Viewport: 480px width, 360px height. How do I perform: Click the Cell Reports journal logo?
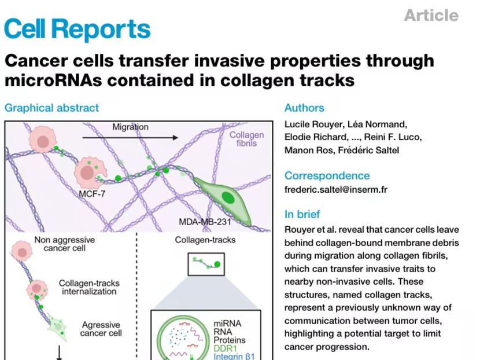[77, 29]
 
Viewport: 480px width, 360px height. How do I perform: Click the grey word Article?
[431, 15]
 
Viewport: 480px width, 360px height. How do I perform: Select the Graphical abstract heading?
[51, 108]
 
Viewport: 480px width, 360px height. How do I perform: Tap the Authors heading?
[304, 108]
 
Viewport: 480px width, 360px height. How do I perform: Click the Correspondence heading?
[327, 175]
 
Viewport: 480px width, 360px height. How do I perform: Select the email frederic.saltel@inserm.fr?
[336, 190]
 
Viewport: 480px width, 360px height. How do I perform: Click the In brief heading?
[302, 214]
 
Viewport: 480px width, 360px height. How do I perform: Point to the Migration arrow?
[130, 138]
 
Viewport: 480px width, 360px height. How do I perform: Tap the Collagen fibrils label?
[247, 139]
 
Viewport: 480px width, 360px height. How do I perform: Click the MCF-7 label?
[92, 194]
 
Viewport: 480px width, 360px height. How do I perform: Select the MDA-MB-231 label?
[205, 222]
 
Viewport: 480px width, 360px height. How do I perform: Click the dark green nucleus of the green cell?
[228, 197]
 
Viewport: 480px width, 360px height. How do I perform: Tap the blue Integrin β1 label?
[234, 357]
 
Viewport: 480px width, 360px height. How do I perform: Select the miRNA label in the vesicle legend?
[227, 324]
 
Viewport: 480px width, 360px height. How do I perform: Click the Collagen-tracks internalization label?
[89, 288]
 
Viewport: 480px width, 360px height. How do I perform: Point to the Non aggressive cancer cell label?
[65, 244]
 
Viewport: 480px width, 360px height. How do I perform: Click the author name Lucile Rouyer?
[313, 124]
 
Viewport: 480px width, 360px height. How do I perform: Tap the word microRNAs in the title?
[53, 80]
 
